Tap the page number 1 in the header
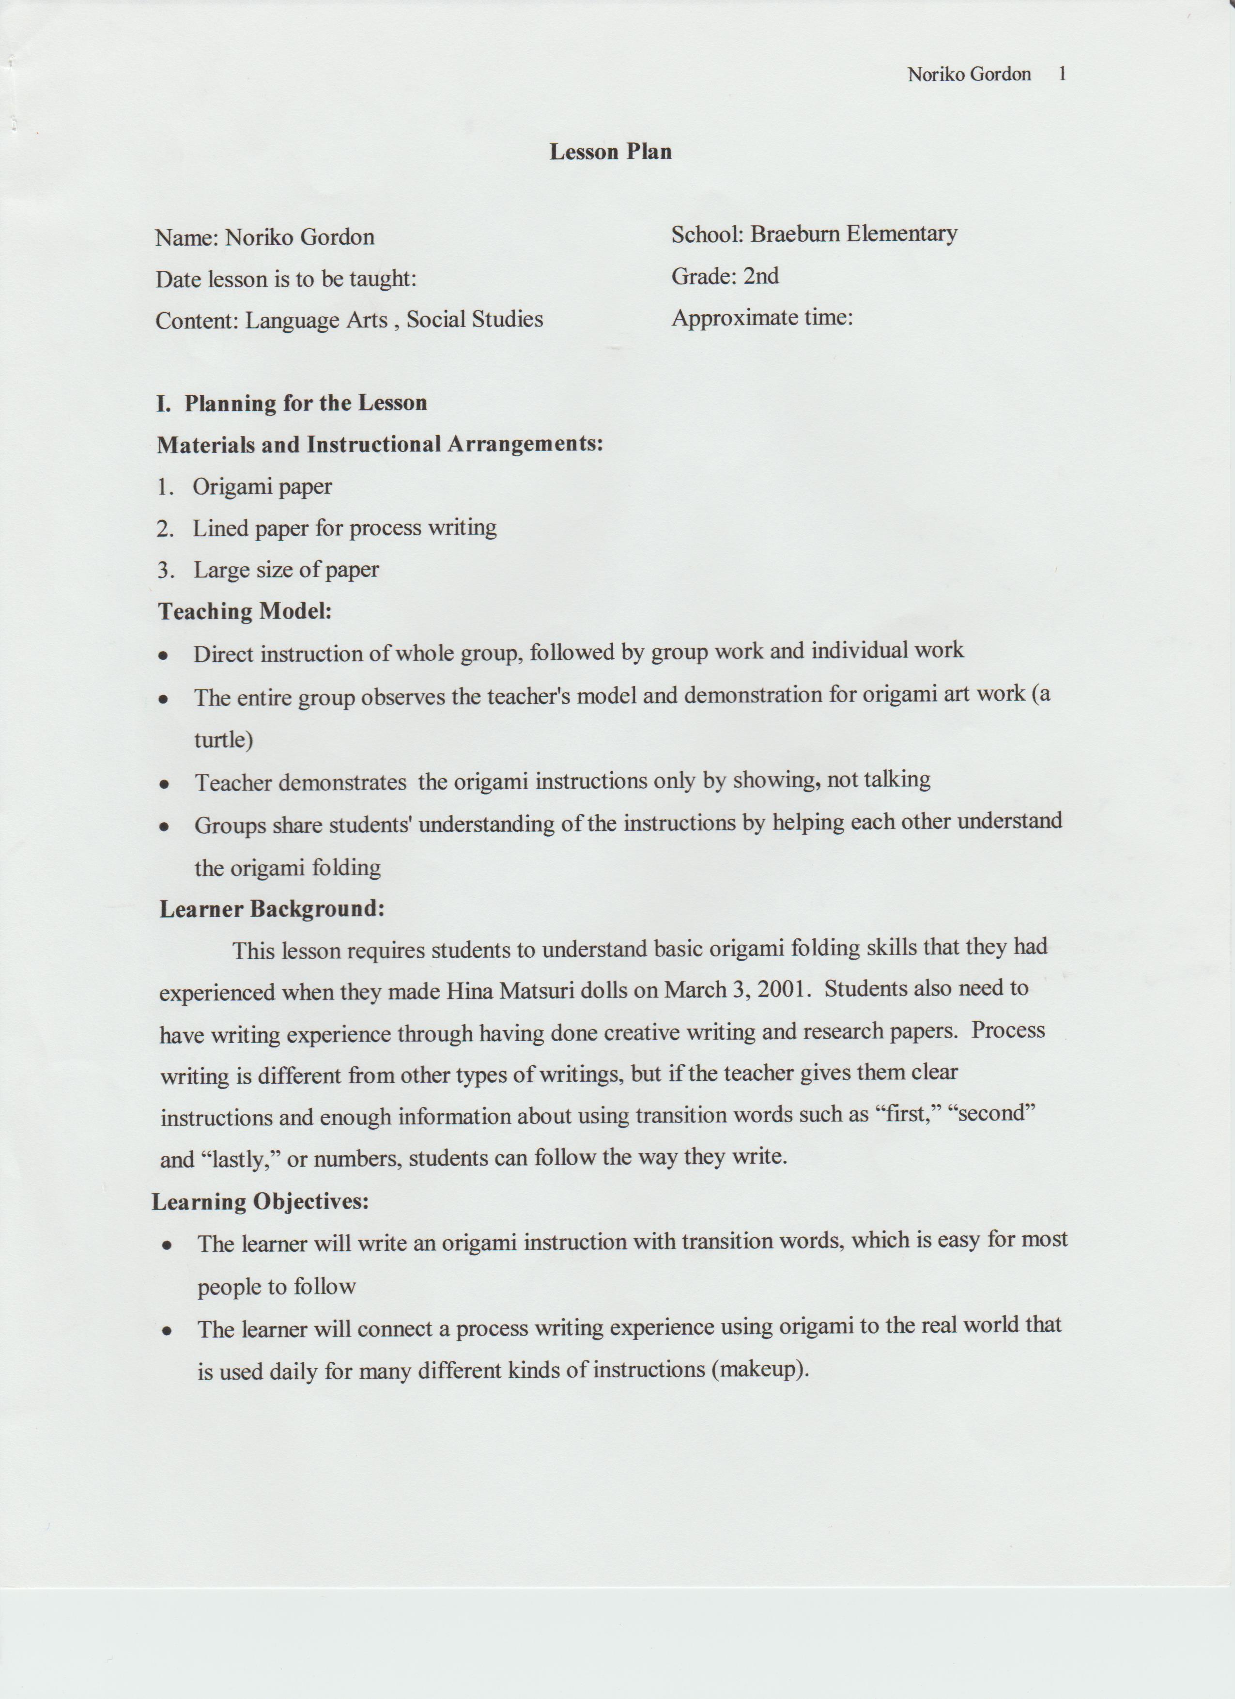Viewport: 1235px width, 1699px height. [x=1062, y=74]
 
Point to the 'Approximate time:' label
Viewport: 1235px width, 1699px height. [x=762, y=318]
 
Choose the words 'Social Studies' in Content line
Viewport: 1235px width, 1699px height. [x=475, y=319]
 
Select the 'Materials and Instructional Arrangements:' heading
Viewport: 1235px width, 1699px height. [x=380, y=444]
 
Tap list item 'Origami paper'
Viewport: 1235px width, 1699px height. [x=262, y=486]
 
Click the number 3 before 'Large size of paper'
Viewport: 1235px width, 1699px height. [x=164, y=571]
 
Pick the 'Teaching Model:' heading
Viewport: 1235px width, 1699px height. [x=245, y=611]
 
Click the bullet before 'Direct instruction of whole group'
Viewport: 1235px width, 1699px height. [x=163, y=655]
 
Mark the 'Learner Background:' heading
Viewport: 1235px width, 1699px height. [x=272, y=909]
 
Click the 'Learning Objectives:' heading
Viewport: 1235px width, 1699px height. [x=260, y=1201]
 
